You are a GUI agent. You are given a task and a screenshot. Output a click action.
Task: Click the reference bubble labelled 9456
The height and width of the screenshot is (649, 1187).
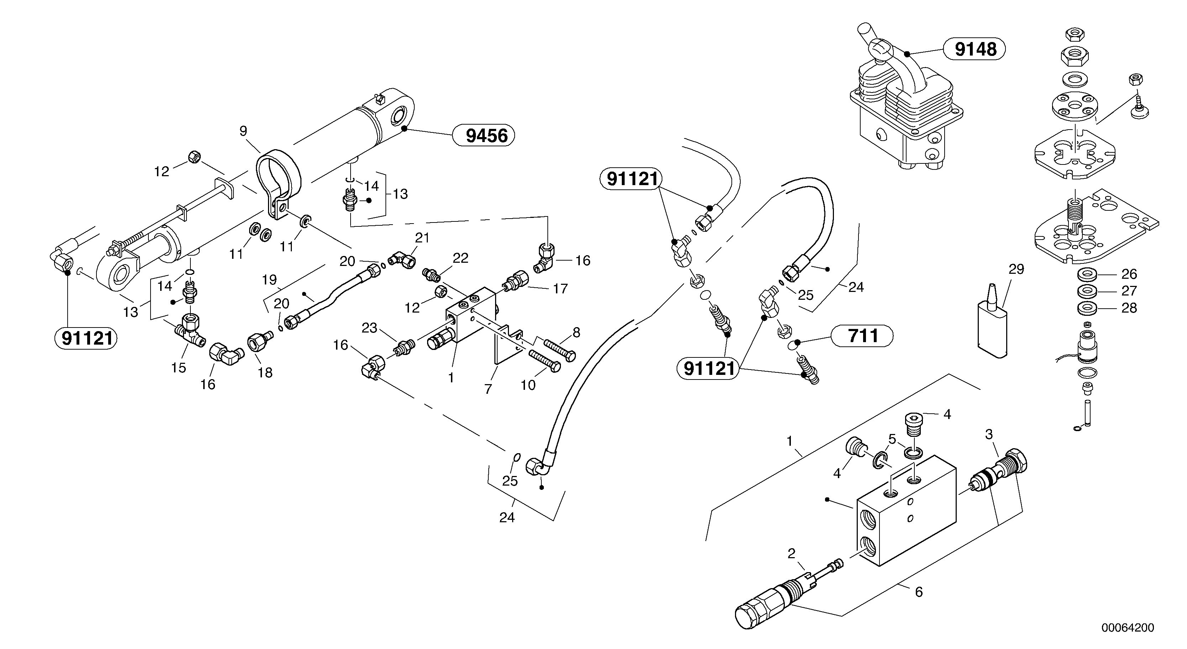coord(483,136)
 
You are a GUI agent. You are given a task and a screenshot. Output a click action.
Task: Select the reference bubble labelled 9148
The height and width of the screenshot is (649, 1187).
coord(975,49)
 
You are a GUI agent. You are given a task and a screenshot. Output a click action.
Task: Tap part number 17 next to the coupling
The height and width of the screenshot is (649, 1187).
coord(560,289)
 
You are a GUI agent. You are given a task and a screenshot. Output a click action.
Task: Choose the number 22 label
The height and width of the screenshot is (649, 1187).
coord(460,258)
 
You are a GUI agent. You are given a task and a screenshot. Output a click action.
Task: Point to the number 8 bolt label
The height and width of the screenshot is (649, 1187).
coord(576,333)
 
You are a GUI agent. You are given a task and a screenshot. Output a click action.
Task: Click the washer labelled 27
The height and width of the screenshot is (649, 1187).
coord(1090,291)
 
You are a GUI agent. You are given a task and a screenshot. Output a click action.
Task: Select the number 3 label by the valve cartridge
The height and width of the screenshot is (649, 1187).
coord(988,434)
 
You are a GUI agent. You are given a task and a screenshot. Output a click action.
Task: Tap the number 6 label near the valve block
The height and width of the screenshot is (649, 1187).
coord(918,592)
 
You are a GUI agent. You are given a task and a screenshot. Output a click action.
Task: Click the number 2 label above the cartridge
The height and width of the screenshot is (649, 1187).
coord(791,554)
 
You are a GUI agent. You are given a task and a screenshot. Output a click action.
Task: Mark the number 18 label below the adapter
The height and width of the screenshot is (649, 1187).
coord(265,372)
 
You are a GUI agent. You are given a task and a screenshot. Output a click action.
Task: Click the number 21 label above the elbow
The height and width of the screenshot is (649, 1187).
coord(422,238)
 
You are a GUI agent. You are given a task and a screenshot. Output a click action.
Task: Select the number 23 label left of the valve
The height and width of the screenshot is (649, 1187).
coord(369,328)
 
